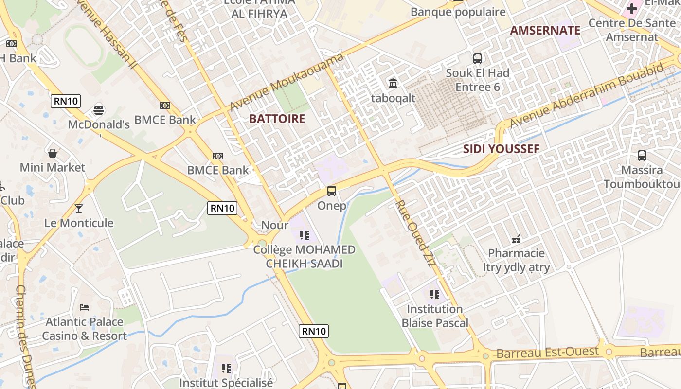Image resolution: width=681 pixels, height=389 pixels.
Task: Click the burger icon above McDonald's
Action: click(99, 109)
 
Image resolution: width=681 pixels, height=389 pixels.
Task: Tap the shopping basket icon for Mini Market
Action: click(53, 153)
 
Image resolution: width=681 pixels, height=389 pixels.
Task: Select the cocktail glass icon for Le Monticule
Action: click(79, 209)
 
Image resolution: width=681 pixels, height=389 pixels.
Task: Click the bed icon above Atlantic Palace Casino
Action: click(84, 307)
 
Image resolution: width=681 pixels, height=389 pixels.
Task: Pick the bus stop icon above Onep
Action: click(332, 191)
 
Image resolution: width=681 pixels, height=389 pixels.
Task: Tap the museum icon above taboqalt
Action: click(393, 84)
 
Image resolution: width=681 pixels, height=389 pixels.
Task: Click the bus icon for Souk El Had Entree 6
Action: click(478, 59)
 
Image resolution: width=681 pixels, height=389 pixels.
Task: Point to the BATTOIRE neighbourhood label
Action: click(277, 119)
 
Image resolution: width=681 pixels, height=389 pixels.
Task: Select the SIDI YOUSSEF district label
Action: click(501, 149)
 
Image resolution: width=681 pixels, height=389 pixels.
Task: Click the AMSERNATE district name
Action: click(545, 30)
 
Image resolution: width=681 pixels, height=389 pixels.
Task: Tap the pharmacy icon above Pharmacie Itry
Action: click(516, 239)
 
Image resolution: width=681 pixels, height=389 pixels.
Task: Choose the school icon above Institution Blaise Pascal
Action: click(434, 295)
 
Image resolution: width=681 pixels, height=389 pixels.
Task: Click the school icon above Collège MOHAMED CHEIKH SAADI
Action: click(305, 236)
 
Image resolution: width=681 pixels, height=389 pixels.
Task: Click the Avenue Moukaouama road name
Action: click(287, 82)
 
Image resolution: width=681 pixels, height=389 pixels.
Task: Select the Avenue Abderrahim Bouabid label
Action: click(586, 95)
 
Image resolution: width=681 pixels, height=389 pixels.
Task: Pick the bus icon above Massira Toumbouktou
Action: click(642, 156)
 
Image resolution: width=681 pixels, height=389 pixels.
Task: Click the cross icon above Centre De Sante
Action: click(631, 9)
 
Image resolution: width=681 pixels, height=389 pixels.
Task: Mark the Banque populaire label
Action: click(458, 12)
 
